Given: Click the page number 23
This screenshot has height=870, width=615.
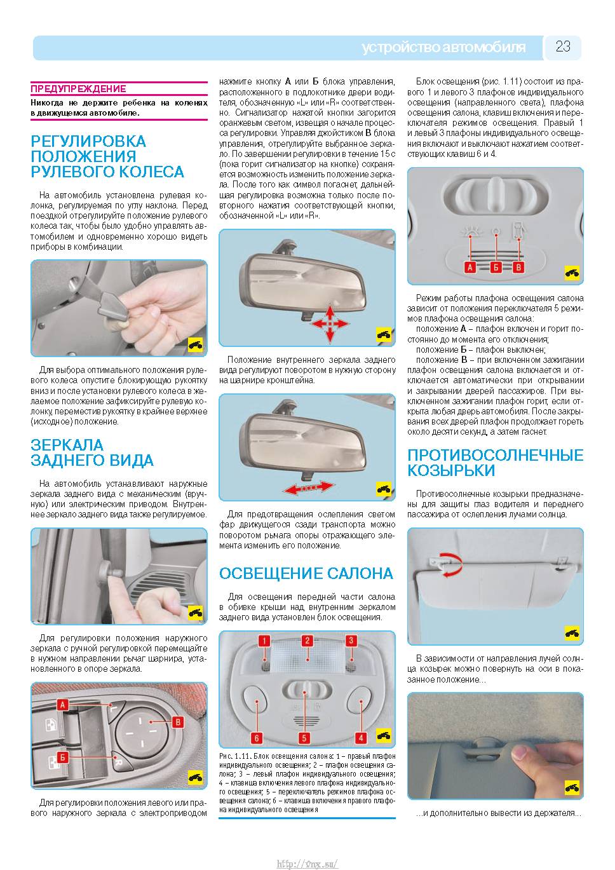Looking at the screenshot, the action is (563, 46).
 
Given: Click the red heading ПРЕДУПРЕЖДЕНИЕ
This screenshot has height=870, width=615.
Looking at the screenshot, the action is (78, 89).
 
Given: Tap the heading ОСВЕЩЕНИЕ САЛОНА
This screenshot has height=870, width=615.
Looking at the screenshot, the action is (306, 573).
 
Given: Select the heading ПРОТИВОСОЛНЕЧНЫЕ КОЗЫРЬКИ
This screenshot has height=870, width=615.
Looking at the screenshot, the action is (496, 463).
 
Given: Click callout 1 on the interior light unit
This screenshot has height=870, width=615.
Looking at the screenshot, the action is (264, 641).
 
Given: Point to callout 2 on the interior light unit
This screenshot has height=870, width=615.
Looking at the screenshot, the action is (307, 641).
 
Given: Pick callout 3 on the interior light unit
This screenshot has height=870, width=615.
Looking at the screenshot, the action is (351, 641).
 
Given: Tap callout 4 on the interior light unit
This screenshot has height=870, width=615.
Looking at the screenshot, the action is (361, 738).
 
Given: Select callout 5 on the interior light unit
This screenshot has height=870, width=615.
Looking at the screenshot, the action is (304, 738).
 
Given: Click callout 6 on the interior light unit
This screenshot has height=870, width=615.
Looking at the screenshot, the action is (256, 738).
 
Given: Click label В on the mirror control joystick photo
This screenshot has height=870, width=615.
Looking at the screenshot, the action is (177, 722).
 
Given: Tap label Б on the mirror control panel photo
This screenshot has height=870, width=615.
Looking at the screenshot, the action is (62, 757).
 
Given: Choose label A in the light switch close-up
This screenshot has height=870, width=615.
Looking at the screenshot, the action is (470, 267).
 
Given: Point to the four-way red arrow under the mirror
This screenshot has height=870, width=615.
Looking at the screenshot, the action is (330, 323).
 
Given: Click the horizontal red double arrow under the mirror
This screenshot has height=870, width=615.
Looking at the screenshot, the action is (308, 487).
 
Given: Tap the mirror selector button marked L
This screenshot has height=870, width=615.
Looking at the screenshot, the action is (114, 708).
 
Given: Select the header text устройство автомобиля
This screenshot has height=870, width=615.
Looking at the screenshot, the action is (443, 48).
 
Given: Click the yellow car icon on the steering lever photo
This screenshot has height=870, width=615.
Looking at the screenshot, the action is (195, 344).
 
